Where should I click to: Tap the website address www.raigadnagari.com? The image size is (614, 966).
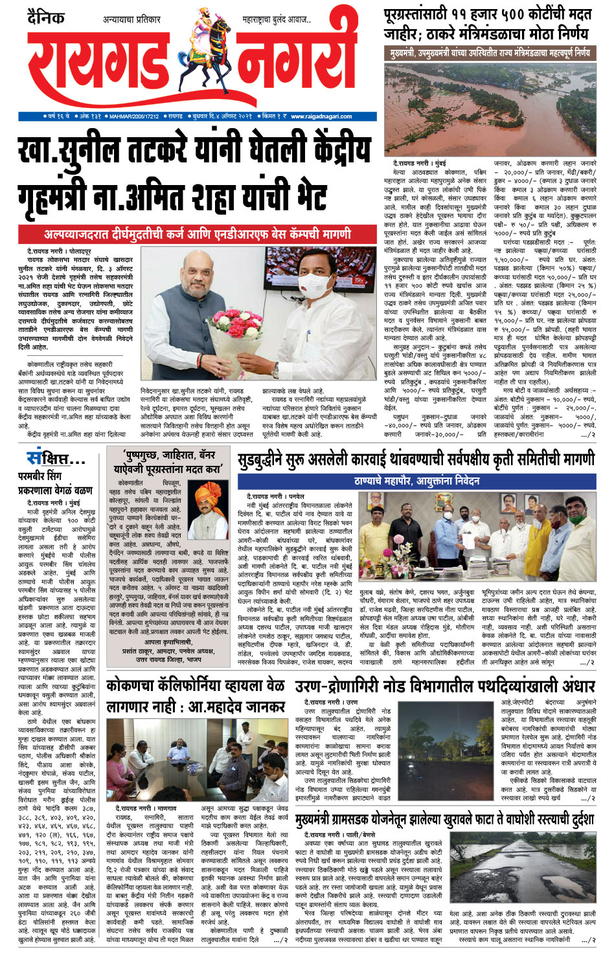pyautogui.click(x=321, y=116)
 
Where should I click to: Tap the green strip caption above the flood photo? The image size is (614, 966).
pyautogui.click(x=490, y=52)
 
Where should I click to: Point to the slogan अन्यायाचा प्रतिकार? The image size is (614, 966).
pyautogui.click(x=131, y=20)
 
